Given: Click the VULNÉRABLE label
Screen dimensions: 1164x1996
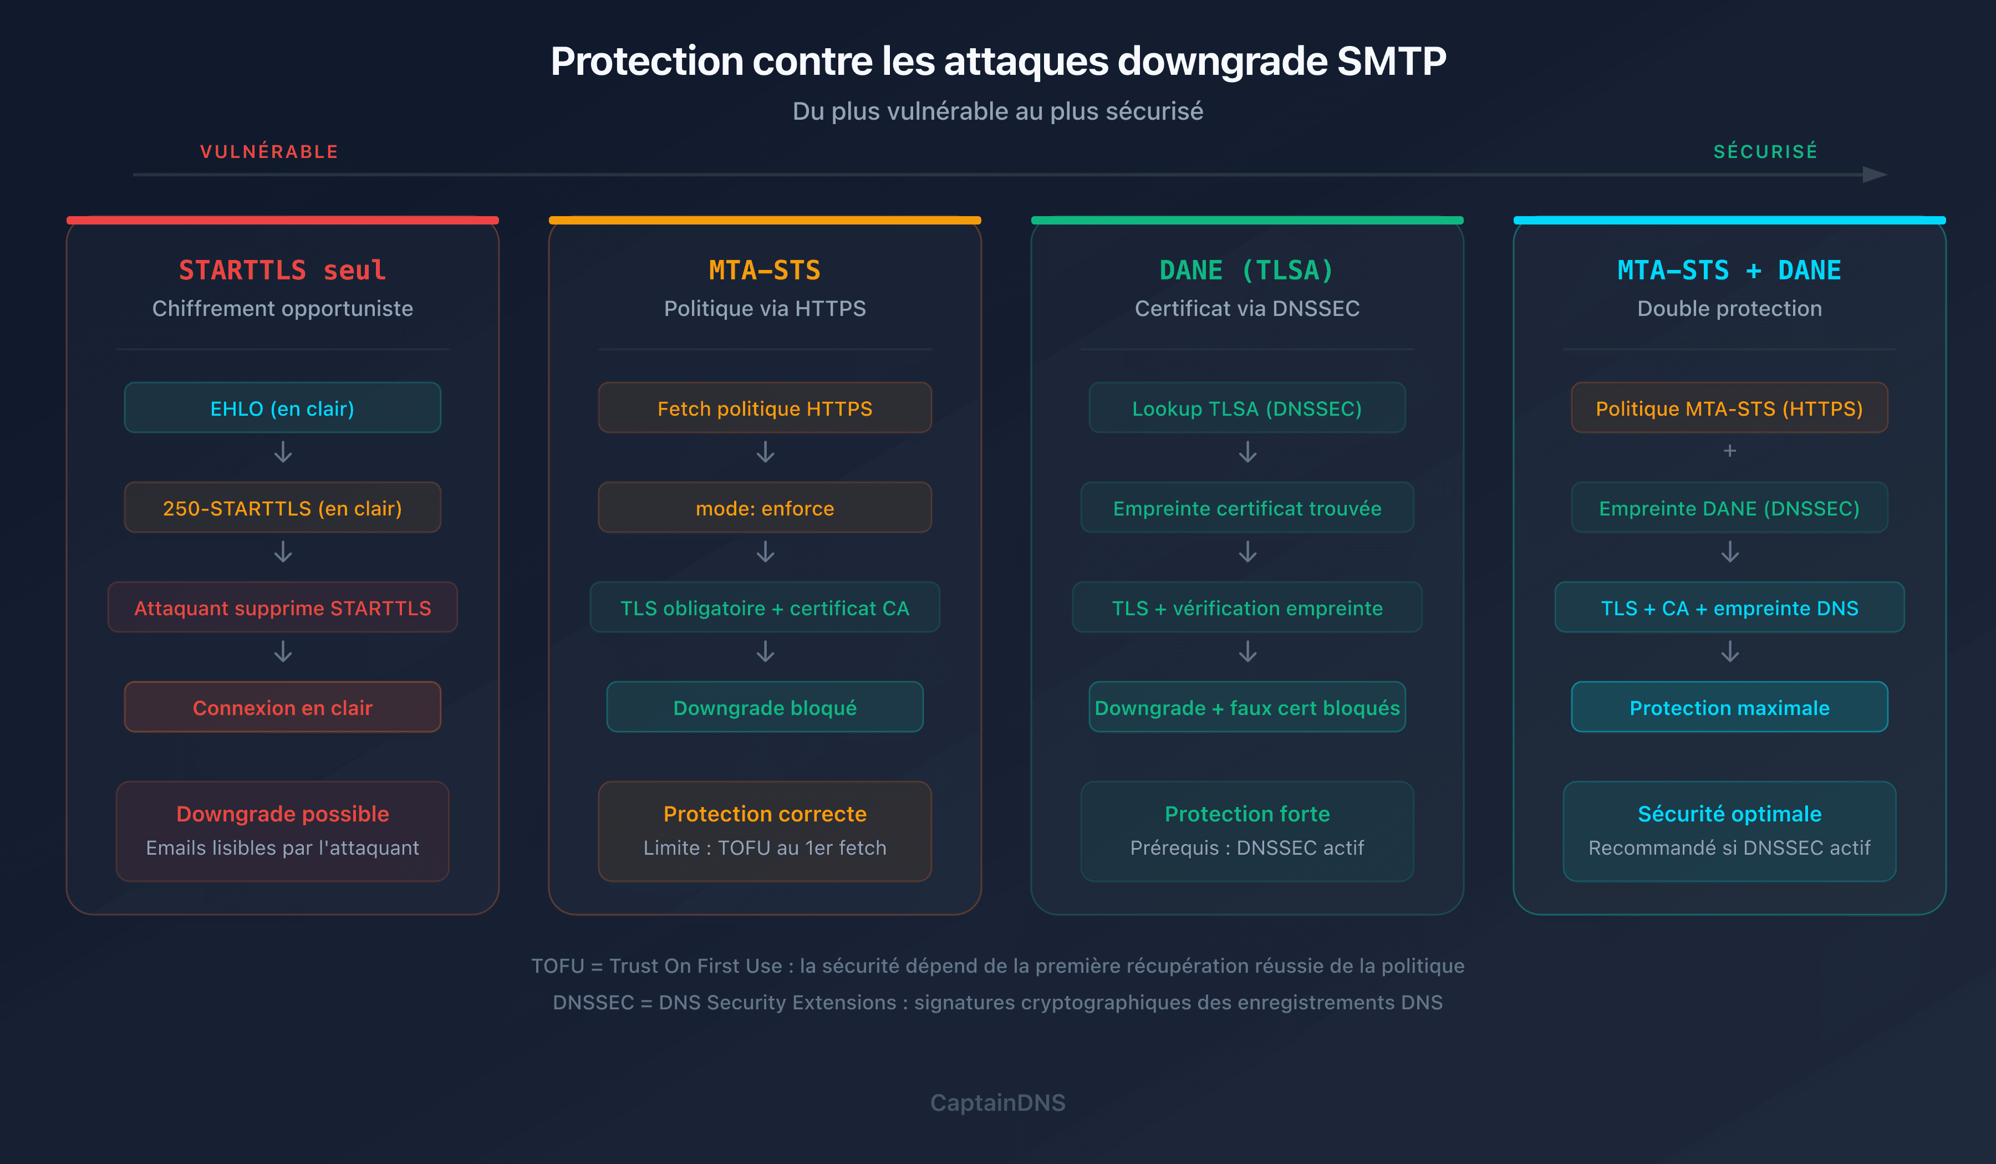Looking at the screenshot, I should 269,151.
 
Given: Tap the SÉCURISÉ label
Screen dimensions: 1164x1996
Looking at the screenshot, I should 1765,151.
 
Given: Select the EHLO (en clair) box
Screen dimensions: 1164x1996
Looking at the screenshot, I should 282,408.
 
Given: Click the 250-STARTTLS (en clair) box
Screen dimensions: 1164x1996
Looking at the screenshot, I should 282,508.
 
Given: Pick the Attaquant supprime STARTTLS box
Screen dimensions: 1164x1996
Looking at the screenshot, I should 282,607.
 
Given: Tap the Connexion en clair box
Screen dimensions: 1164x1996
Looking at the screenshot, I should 282,707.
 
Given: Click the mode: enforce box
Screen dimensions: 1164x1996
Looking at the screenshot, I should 765,508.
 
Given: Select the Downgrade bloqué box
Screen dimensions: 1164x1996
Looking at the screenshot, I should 765,707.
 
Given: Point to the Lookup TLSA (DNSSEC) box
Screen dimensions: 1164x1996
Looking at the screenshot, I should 1247,408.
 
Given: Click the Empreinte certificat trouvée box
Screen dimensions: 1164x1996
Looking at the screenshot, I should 1247,508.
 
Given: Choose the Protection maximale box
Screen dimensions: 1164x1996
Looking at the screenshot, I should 1729,707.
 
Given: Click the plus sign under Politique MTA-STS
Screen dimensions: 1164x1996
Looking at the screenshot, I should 1729,451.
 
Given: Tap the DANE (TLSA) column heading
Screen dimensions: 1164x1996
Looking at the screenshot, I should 1247,270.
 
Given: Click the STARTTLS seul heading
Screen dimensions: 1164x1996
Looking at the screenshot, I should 282,270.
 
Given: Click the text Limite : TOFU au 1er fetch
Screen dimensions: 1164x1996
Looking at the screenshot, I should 765,848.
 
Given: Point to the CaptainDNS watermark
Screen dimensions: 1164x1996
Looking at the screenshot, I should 997,1102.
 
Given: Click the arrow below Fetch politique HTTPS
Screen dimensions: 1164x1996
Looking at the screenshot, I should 765,452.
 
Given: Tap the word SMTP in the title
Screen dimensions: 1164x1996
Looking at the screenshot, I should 1391,61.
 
